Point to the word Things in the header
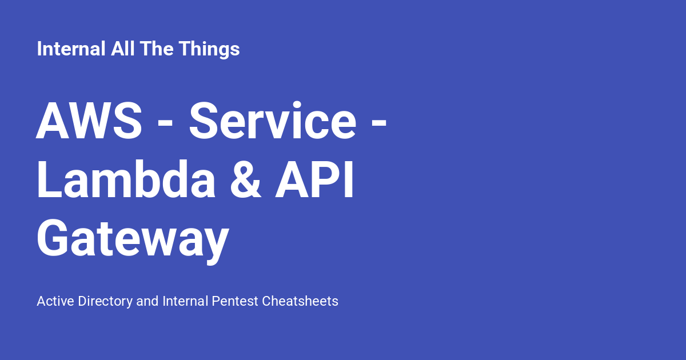coord(209,49)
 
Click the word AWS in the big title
coord(89,122)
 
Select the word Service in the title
coord(273,122)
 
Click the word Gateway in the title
coord(133,240)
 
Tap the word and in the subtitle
coord(147,301)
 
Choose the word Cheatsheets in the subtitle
coord(300,301)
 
